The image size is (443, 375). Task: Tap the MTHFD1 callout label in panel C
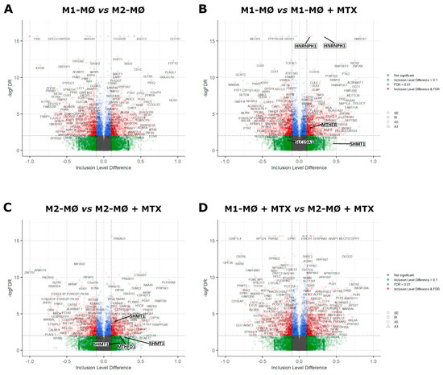pyautogui.click(x=126, y=346)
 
